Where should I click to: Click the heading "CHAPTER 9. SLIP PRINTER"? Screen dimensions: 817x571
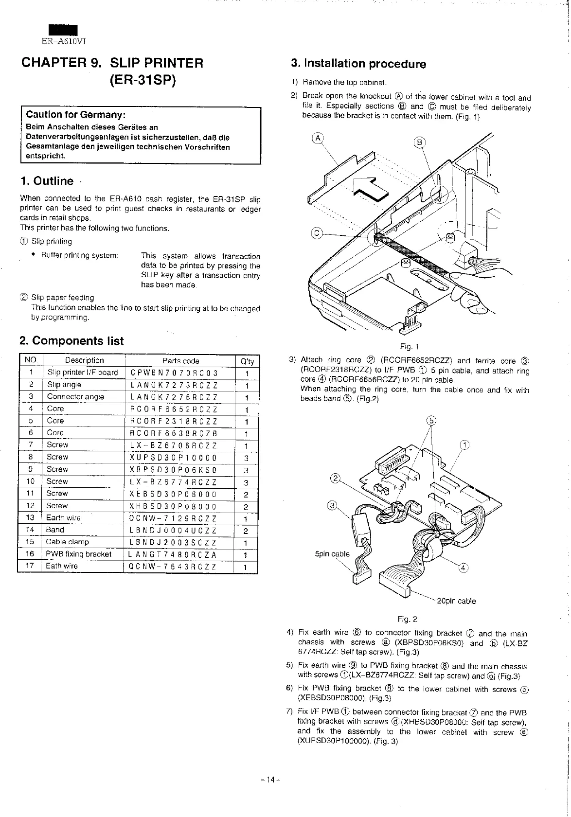point(112,63)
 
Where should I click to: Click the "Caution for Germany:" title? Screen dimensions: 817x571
point(76,115)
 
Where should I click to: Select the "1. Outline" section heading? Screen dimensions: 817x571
point(47,181)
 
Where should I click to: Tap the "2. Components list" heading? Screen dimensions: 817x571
point(72,341)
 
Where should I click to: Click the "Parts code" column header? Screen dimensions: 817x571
point(180,361)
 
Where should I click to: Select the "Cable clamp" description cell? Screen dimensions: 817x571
point(68,542)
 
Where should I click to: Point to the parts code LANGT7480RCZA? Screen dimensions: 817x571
point(173,554)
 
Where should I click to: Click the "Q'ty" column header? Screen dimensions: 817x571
point(247,361)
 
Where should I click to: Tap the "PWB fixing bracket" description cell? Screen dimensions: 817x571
point(78,554)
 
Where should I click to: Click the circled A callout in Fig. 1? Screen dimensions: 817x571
point(318,138)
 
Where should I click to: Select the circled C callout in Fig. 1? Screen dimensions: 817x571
point(317,233)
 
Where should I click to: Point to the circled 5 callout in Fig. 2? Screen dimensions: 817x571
point(430,421)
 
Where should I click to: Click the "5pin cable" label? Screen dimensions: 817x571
point(332,553)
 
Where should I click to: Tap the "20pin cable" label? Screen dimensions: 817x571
point(456,601)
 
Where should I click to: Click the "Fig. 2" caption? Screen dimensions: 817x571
point(407,619)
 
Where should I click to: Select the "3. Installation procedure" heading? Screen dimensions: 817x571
point(358,64)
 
